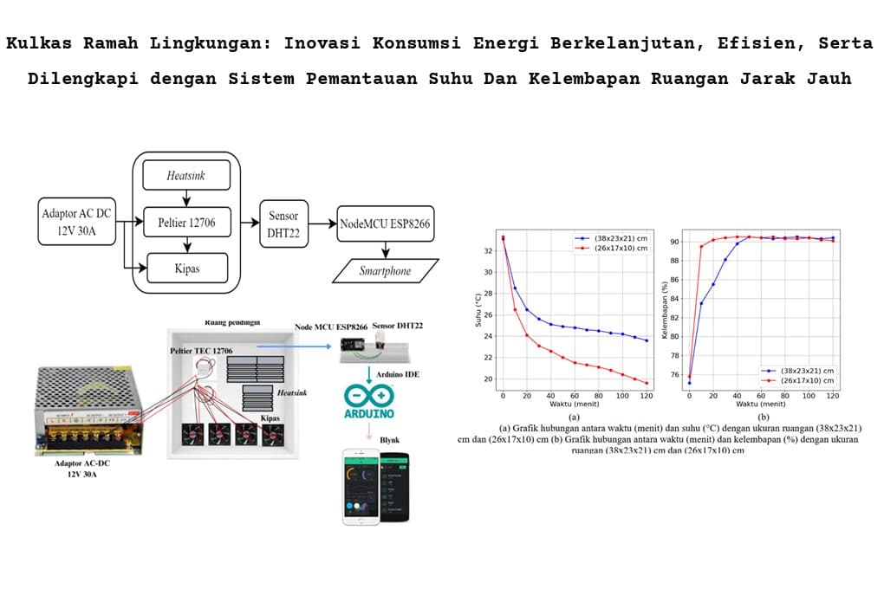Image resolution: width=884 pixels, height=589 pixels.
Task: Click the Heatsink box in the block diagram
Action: pyautogui.click(x=186, y=177)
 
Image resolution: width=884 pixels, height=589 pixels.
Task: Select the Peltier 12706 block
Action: pyautogui.click(x=186, y=223)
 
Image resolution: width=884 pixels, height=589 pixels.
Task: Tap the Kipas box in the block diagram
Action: pyautogui.click(x=186, y=268)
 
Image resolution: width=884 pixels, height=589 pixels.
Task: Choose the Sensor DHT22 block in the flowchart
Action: pyautogui.click(x=283, y=223)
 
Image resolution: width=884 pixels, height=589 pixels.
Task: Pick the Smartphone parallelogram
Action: pyautogui.click(x=384, y=270)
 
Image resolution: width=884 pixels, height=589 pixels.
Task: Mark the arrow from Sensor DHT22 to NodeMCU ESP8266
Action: pyautogui.click(x=322, y=223)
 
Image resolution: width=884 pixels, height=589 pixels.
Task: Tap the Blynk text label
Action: pyautogui.click(x=389, y=440)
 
